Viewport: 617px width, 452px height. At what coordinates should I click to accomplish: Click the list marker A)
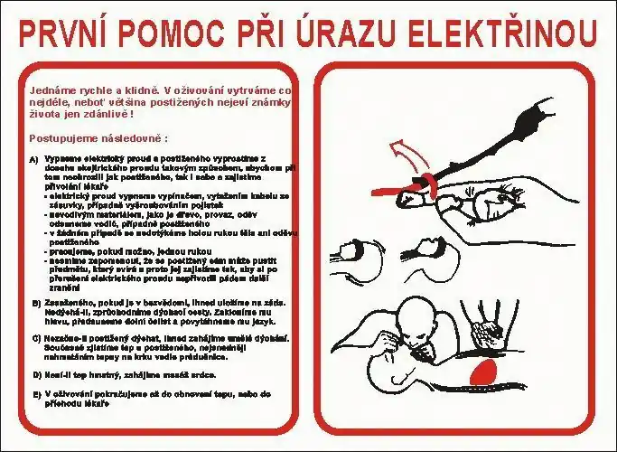[x=34, y=160]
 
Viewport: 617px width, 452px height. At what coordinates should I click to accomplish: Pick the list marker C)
[x=34, y=337]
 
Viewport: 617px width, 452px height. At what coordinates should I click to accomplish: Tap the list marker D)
[x=34, y=372]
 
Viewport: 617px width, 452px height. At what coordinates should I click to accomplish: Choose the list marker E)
[x=34, y=393]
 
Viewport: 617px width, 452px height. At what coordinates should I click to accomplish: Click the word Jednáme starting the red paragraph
[x=51, y=90]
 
